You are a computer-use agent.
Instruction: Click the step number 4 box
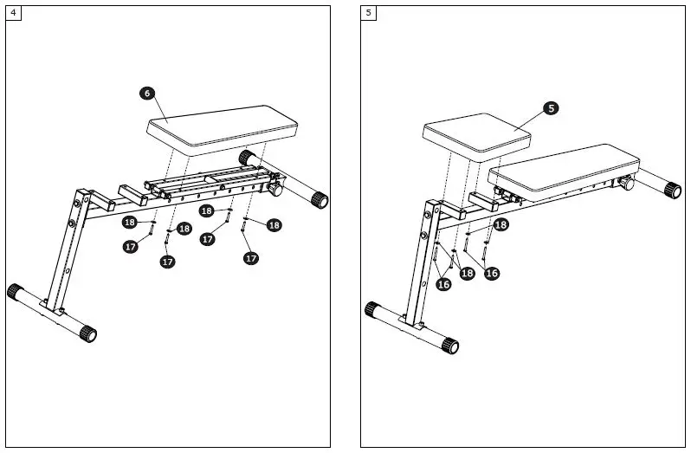click(x=13, y=13)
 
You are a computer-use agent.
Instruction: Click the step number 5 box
click(x=370, y=13)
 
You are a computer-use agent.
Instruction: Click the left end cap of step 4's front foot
click(x=15, y=291)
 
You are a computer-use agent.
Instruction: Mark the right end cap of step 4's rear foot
click(x=320, y=199)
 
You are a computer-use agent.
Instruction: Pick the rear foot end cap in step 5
click(x=673, y=189)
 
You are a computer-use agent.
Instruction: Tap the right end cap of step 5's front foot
click(x=448, y=346)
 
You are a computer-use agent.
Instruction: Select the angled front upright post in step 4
click(x=67, y=251)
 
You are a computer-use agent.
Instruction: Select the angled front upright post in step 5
click(x=420, y=260)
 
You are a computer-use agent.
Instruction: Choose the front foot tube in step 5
click(x=410, y=327)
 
